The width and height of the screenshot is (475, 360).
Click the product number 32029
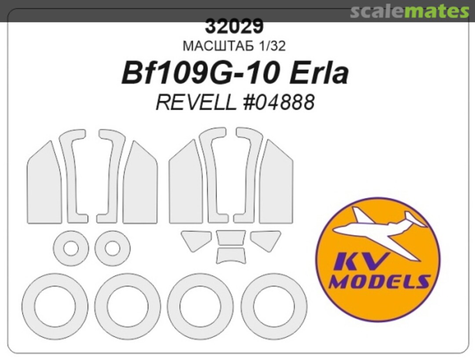tap(234, 27)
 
